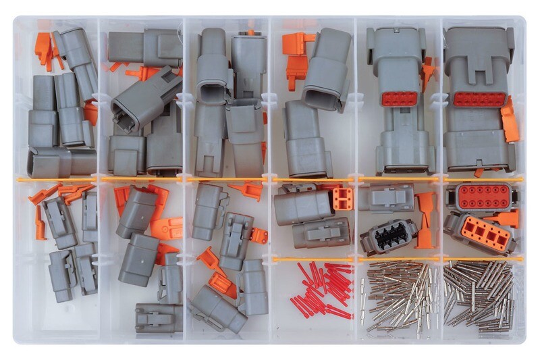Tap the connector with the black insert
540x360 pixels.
pyautogui.click(x=388, y=235)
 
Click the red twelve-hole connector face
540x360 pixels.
pyautogui.click(x=481, y=197)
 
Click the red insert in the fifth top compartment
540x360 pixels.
pyautogui.click(x=399, y=99)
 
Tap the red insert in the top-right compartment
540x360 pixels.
pyautogui.click(x=479, y=99)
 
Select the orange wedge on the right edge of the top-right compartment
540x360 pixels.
pyautogui.click(x=510, y=120)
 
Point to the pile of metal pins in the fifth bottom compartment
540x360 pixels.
pyautogui.click(x=398, y=297)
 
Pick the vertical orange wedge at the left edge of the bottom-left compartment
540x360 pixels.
pyautogui.click(x=40, y=223)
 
